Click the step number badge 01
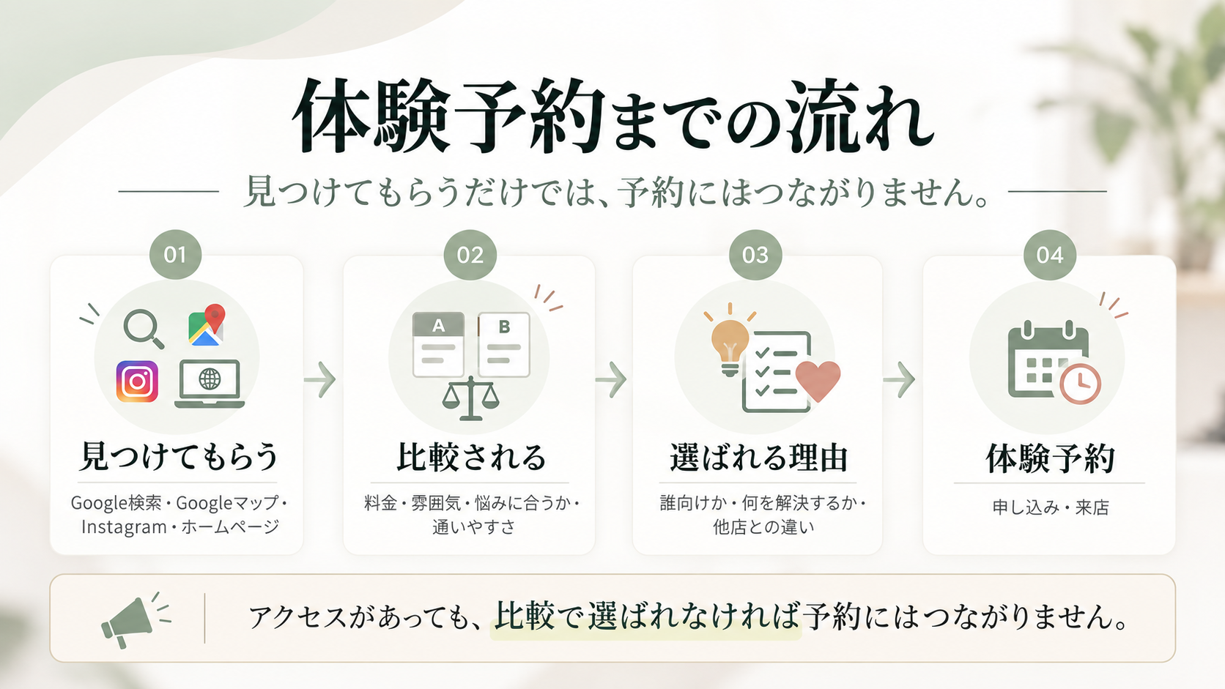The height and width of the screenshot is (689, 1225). [x=176, y=255]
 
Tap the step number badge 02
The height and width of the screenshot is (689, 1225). [x=470, y=255]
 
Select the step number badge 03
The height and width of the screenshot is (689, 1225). [x=755, y=255]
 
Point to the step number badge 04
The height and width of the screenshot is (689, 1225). [x=1049, y=255]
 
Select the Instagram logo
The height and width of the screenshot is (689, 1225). [x=137, y=381]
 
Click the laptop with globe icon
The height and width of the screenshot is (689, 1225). [x=210, y=384]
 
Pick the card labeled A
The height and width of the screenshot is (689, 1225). [x=439, y=344]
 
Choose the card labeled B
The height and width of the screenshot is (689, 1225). [x=503, y=344]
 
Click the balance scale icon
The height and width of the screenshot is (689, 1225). [x=471, y=399]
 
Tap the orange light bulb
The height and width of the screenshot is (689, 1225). [x=730, y=343]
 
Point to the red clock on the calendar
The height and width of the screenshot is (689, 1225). [x=1080, y=384]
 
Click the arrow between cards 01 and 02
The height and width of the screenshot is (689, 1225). [x=320, y=379]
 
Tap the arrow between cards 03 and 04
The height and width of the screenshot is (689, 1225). [x=898, y=379]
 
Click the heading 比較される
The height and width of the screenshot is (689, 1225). [x=471, y=457]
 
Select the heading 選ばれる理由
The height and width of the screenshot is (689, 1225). [x=758, y=458]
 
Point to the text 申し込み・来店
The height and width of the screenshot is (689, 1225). [x=1051, y=507]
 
